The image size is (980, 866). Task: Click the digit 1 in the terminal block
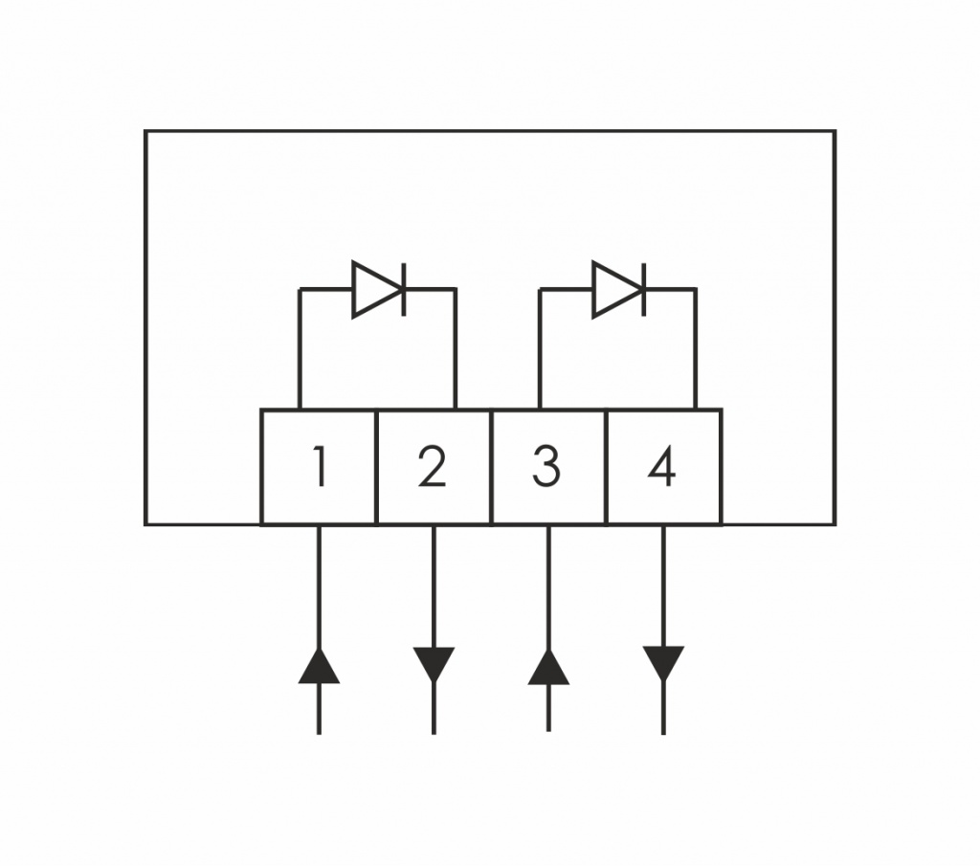coord(320,466)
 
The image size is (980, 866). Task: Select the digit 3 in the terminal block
coord(546,466)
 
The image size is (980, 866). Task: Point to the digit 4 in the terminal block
coord(662,466)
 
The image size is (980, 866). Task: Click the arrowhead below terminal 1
coord(319,666)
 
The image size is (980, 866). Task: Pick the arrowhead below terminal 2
coord(434,665)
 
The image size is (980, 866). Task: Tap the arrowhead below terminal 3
coord(548,667)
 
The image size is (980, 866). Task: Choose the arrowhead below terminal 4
coord(663,664)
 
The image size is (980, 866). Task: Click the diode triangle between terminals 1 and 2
coord(376,289)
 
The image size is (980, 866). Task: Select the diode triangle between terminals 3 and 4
coord(616,289)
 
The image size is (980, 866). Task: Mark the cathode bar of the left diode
coord(404,289)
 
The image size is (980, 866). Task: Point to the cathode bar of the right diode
coord(644,289)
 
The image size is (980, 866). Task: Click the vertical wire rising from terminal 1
coord(300,348)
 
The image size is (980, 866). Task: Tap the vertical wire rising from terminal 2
coord(456,348)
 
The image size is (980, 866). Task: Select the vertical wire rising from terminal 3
coord(540,348)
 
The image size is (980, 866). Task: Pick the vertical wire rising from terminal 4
coord(696,348)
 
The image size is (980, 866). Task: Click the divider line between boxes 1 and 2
coord(377,467)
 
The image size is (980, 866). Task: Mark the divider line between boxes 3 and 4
coord(607,467)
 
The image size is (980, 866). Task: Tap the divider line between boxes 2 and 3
coord(492,467)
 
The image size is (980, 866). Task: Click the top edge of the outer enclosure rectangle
coord(490,131)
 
